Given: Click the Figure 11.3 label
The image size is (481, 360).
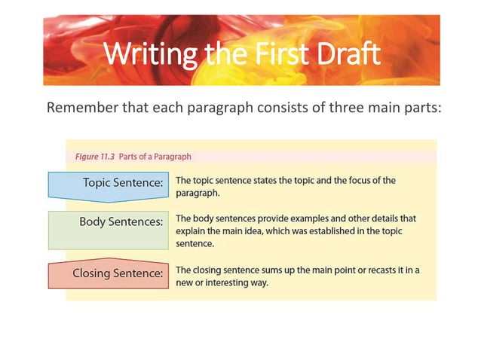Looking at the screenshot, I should point(95,157).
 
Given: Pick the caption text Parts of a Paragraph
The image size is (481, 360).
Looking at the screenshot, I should point(155,157).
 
